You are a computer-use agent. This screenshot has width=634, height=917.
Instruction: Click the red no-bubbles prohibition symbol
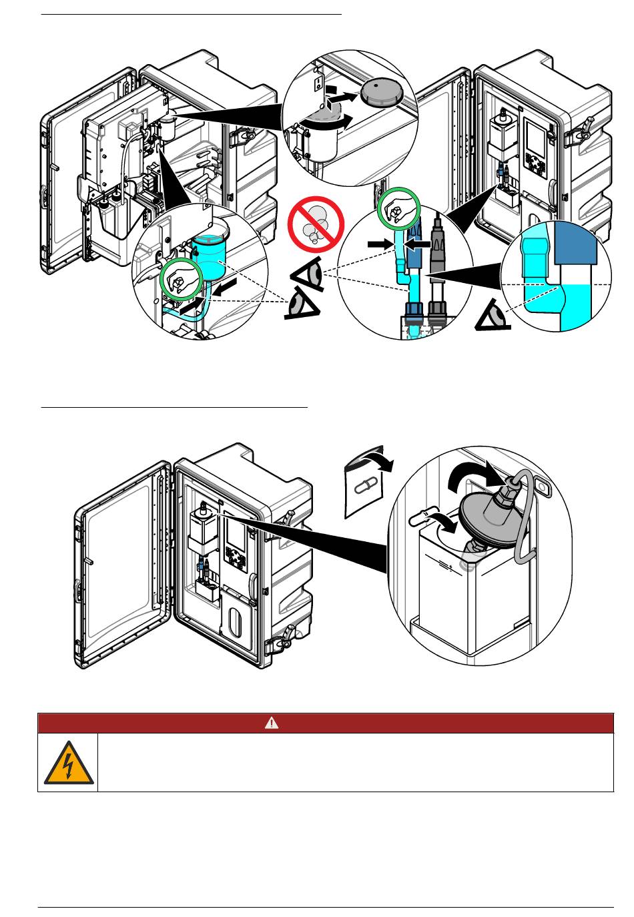315,226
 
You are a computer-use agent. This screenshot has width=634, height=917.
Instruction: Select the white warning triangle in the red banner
272,723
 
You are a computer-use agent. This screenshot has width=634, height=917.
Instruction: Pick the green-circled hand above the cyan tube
399,211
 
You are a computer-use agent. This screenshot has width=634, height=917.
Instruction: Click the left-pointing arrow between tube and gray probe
418,245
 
